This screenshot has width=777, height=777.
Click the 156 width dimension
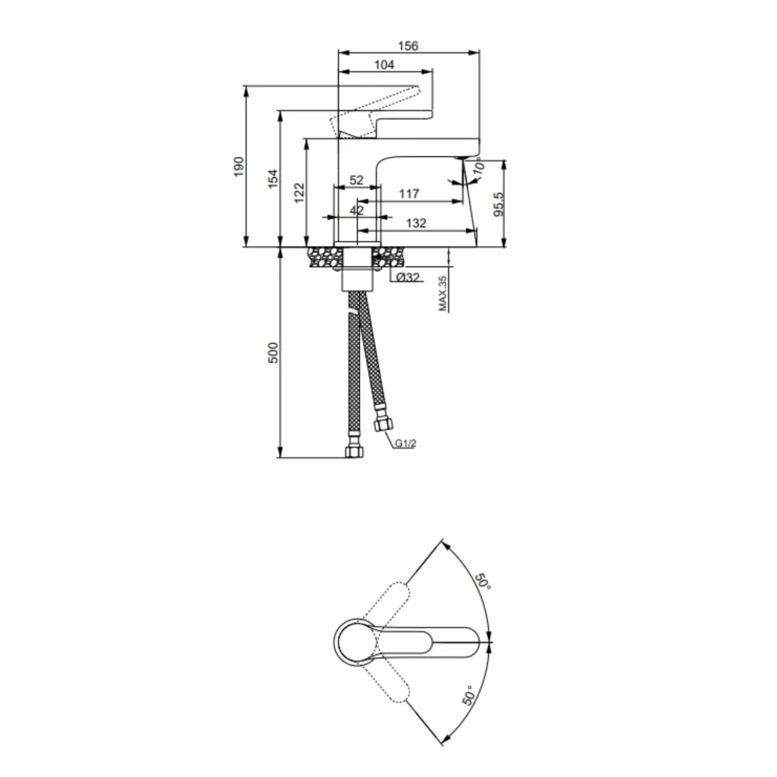tap(408, 46)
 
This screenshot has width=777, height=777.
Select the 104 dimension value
tap(384, 65)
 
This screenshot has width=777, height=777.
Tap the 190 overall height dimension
tap(239, 166)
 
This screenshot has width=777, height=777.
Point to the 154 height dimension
tap(273, 179)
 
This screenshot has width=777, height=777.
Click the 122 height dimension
tap(301, 192)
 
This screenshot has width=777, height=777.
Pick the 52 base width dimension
tap(357, 179)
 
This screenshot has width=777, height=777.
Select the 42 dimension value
tap(357, 210)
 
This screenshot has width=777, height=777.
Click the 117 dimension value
tap(409, 193)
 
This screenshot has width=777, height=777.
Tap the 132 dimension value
tap(416, 223)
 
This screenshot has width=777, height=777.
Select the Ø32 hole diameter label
tap(408, 277)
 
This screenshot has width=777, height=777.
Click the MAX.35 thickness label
tap(444, 293)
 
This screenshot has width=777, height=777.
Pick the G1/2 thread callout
tap(405, 444)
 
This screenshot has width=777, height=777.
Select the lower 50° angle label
tap(469, 693)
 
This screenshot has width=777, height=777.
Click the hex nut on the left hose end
tap(354, 451)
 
